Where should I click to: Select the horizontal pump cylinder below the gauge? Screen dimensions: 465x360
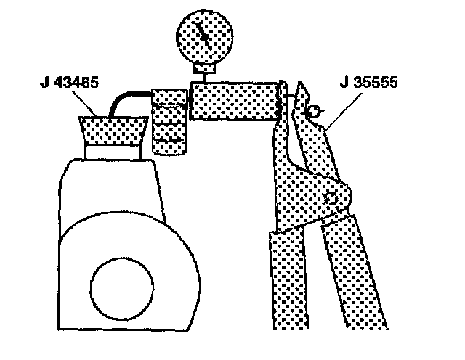[235, 101]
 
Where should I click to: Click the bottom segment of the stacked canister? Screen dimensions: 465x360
[169, 147]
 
